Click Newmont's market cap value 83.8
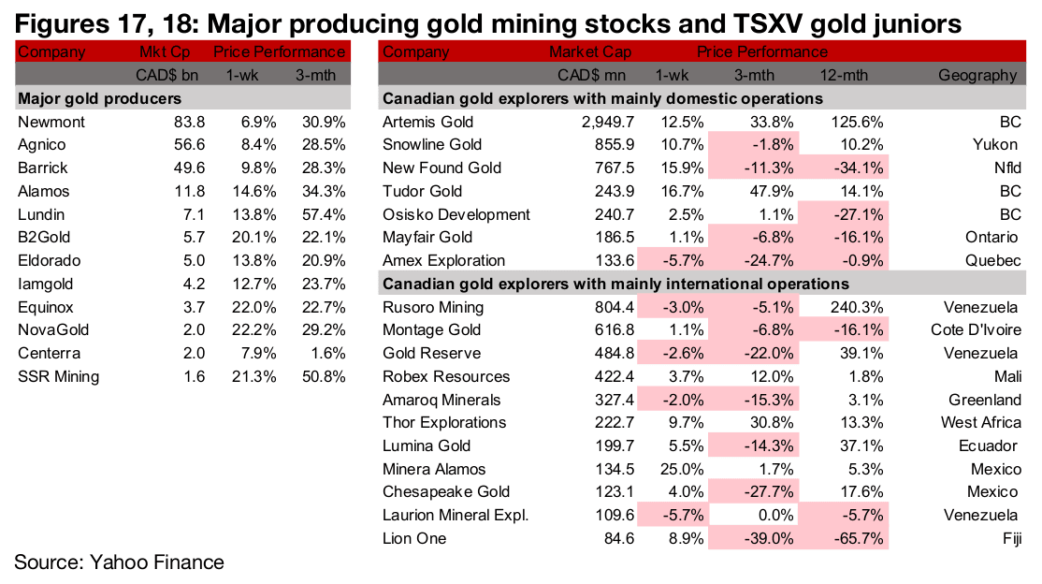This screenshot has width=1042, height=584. tap(190, 122)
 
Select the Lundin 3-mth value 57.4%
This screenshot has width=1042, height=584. tap(322, 213)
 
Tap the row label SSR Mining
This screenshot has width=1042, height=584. tap(58, 376)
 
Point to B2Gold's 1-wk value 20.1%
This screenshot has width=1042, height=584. tap(257, 237)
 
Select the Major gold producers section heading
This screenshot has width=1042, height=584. tap(99, 98)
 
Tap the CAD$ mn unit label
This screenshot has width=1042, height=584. tap(591, 76)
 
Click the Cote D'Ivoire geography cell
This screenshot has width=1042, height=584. tap(976, 329)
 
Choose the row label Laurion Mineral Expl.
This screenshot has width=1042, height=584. tap(456, 515)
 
